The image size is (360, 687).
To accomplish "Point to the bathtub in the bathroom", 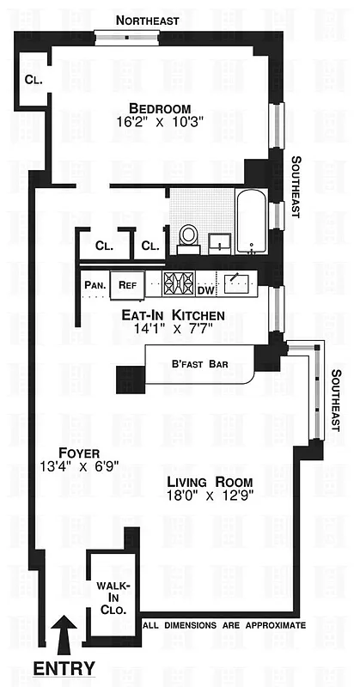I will tap(253, 222).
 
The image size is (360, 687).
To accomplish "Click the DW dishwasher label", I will tap(204, 289).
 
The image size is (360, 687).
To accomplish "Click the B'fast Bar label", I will tap(198, 364).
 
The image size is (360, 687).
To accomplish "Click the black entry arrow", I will tap(64, 635).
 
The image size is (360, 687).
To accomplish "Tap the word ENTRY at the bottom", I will tap(64, 668).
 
